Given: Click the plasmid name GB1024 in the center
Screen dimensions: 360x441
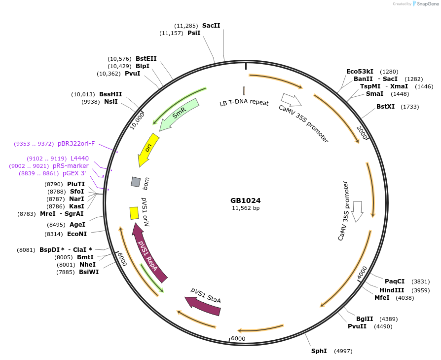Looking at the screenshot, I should click(x=245, y=200).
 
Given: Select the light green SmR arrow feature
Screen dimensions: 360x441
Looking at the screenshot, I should click(x=179, y=114).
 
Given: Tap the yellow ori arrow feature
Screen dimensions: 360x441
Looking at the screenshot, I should click(x=148, y=149).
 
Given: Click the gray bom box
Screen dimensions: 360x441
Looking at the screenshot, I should click(x=136, y=182).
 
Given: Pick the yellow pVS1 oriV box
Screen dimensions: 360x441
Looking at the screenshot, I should click(x=134, y=213).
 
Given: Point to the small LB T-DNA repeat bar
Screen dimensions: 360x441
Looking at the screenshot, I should click(x=244, y=91).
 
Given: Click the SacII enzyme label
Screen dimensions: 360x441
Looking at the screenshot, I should click(x=211, y=25).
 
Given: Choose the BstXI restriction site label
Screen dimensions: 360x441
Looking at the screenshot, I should click(x=386, y=106).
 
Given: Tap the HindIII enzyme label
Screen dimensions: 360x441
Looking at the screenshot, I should click(x=392, y=290).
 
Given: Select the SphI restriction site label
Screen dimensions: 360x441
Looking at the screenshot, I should click(x=319, y=351).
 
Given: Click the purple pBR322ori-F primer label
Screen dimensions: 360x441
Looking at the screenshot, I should click(x=76, y=144).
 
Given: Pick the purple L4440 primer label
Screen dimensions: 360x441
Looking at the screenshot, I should click(x=79, y=159).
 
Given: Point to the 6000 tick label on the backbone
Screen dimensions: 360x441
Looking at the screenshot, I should click(x=238, y=338).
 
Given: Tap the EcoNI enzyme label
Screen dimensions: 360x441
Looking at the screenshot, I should click(x=77, y=234).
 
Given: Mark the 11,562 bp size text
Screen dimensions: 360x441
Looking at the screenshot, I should click(x=245, y=208).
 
